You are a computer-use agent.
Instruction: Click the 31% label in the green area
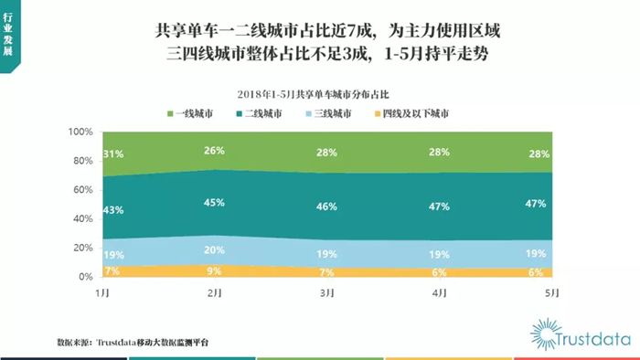[113, 154]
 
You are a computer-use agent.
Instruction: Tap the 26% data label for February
[214, 151]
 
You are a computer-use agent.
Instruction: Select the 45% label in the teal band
[214, 203]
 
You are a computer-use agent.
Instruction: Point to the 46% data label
[326, 206]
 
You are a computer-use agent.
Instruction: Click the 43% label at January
[113, 210]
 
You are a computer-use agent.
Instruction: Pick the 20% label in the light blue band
[214, 250]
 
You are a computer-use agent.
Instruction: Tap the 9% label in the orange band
[214, 271]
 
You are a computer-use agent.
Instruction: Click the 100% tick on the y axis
[80, 132]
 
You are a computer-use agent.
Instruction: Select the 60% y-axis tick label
[83, 190]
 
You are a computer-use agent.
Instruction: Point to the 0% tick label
[86, 277]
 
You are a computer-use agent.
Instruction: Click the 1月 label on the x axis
[102, 293]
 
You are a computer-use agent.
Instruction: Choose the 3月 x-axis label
[327, 293]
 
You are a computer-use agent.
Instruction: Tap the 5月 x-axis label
[552, 293]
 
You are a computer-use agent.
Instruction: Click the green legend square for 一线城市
[170, 113]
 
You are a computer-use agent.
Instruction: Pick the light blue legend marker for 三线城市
[309, 113]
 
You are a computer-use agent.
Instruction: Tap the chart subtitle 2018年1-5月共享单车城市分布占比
[313, 95]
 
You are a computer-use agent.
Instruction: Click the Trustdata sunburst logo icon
[545, 334]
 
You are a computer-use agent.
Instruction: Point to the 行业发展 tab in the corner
[8, 35]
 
